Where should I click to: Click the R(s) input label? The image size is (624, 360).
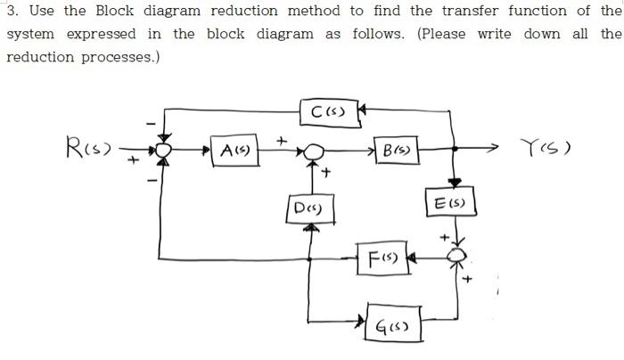[87, 145]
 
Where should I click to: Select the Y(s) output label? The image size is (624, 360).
[546, 146]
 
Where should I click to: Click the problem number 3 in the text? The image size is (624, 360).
[11, 11]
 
